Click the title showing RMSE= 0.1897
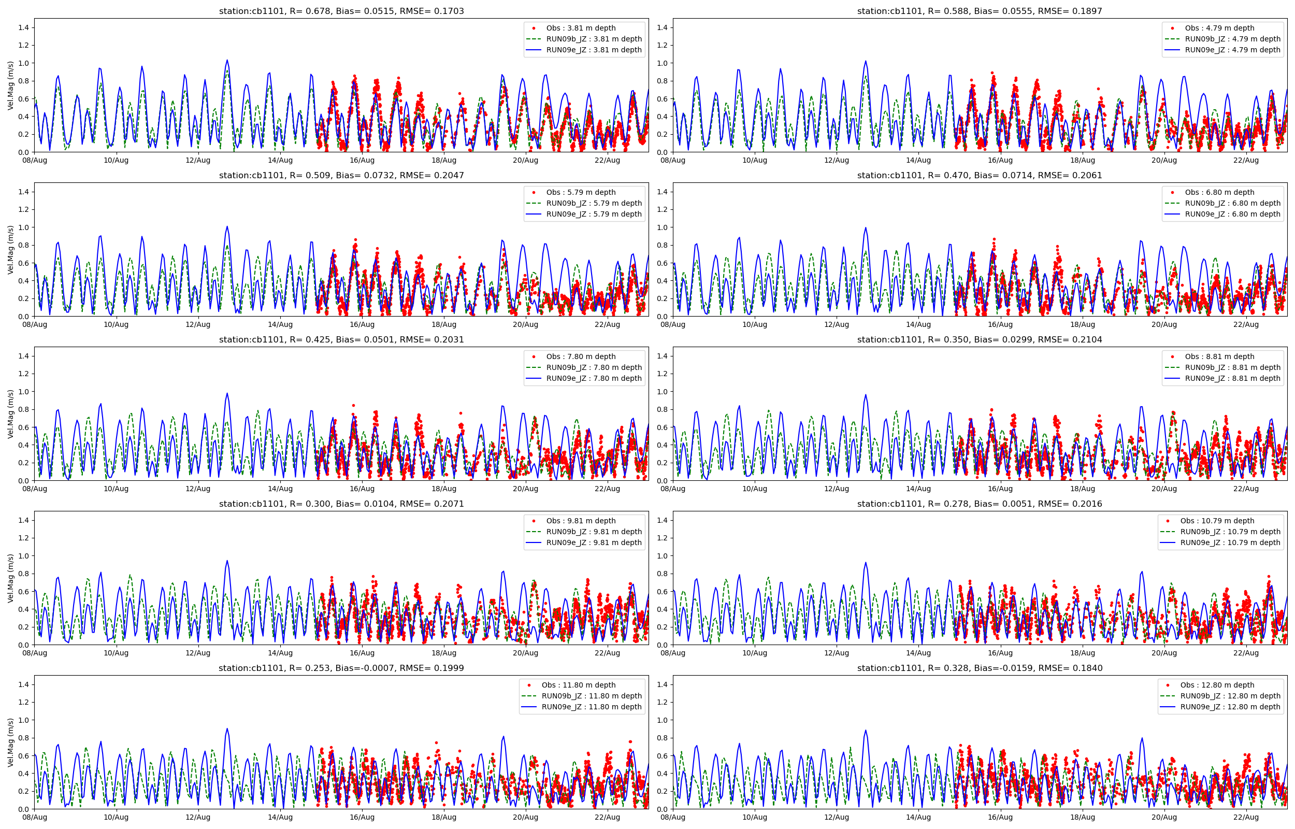(979, 11)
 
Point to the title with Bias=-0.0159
(979, 668)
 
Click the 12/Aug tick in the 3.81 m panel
(198, 161)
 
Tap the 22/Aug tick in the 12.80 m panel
(1245, 818)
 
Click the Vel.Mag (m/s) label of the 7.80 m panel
(11, 414)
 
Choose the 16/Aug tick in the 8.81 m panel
(1000, 489)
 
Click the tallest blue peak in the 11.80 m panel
(227, 729)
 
